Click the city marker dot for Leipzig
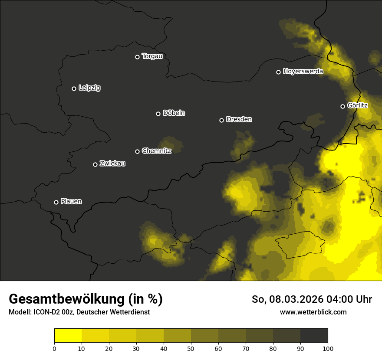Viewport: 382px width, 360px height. pyautogui.click(x=74, y=88)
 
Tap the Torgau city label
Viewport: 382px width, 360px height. pyautogui.click(x=152, y=56)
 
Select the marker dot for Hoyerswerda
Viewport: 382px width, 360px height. pyautogui.click(x=279, y=72)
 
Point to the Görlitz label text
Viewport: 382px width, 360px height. pyautogui.click(x=358, y=105)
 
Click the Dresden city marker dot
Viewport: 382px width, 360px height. pyautogui.click(x=221, y=120)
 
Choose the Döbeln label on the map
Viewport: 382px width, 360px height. pyautogui.click(x=174, y=113)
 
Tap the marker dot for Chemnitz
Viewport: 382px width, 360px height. pyautogui.click(x=138, y=151)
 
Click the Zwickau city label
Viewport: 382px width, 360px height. pyautogui.click(x=112, y=164)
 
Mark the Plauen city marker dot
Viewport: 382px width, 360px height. pyautogui.click(x=56, y=202)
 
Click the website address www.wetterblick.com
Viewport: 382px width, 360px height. pyautogui.click(x=313, y=312)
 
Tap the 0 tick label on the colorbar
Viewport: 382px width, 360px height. pyautogui.click(x=54, y=348)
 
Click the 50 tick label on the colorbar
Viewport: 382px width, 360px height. pyautogui.click(x=191, y=348)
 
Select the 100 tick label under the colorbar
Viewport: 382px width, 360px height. pyautogui.click(x=328, y=348)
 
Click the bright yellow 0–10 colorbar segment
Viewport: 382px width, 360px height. pyautogui.click(x=68, y=336)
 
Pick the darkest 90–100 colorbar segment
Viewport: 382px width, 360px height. pyautogui.click(x=314, y=336)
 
